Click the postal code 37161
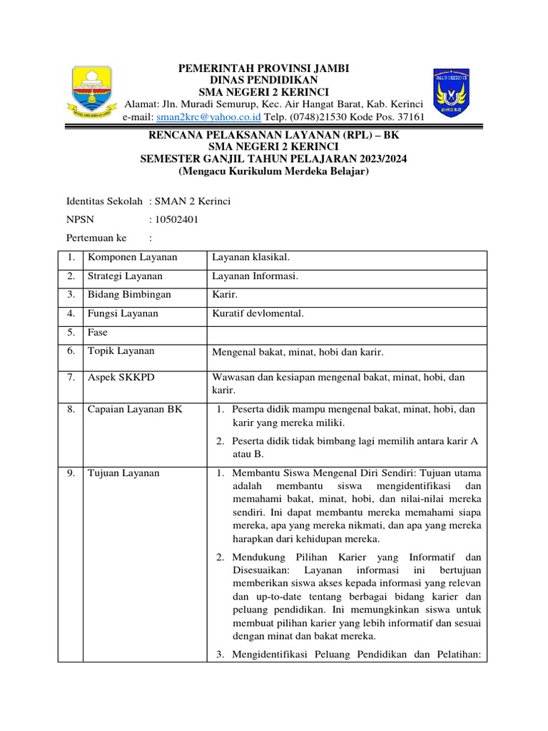(410, 117)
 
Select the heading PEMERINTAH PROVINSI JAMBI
(263, 69)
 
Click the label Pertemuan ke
(96, 237)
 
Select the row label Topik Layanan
(121, 351)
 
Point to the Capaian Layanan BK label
(134, 409)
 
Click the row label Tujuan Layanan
(123, 473)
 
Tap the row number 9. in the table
(71, 473)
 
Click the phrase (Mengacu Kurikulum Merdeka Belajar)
(273, 172)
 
